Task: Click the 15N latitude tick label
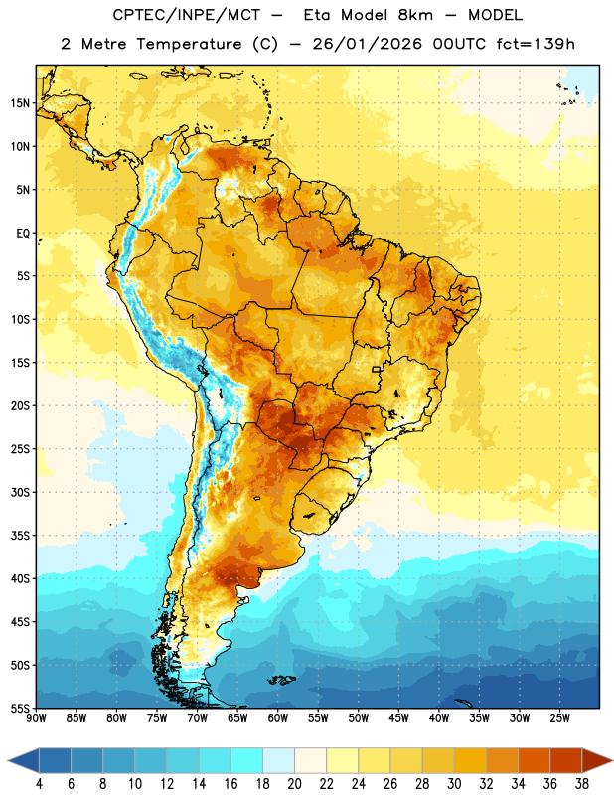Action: (x=20, y=103)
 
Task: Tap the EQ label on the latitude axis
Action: (x=23, y=234)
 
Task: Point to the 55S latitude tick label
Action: (x=20, y=708)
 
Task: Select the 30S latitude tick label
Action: (x=20, y=492)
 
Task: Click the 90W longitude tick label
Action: (x=36, y=718)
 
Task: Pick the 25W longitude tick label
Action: (x=559, y=718)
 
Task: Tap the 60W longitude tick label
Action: (x=278, y=718)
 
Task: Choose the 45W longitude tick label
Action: (x=398, y=718)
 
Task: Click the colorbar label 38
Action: (x=582, y=784)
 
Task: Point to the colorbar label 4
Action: (x=39, y=784)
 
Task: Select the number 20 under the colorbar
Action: (x=294, y=784)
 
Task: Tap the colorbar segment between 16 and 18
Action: (x=246, y=760)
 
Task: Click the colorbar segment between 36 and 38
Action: (x=566, y=760)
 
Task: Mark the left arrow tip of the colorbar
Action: (x=8, y=760)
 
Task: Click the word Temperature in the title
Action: (x=189, y=44)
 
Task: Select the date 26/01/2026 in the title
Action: (x=367, y=44)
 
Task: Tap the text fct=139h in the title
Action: (x=536, y=44)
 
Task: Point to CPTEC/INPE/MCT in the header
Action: (x=186, y=15)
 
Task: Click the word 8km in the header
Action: (x=415, y=15)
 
